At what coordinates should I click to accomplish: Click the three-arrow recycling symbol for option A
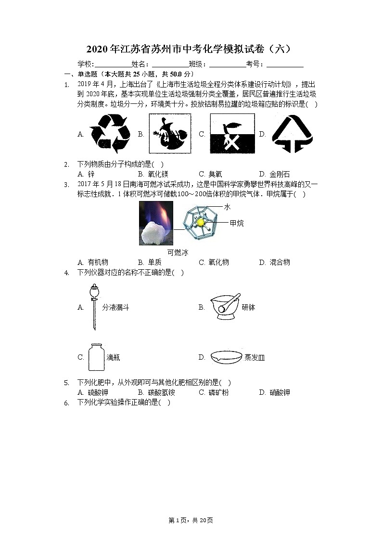110,133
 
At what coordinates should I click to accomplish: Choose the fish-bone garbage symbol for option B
169,134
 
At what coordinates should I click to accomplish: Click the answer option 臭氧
215,174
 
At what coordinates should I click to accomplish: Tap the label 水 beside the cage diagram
227,207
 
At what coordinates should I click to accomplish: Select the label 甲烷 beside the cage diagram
236,223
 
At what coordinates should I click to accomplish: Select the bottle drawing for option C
96,357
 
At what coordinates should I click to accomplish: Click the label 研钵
248,307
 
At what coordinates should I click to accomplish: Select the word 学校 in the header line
85,64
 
